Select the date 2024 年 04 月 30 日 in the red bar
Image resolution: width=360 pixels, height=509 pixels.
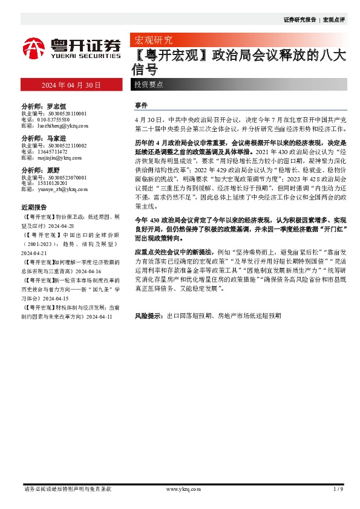tap(71, 86)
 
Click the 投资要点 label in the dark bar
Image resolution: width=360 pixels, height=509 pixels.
tap(149, 85)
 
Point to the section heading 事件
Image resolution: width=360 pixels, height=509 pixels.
tap(140, 105)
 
